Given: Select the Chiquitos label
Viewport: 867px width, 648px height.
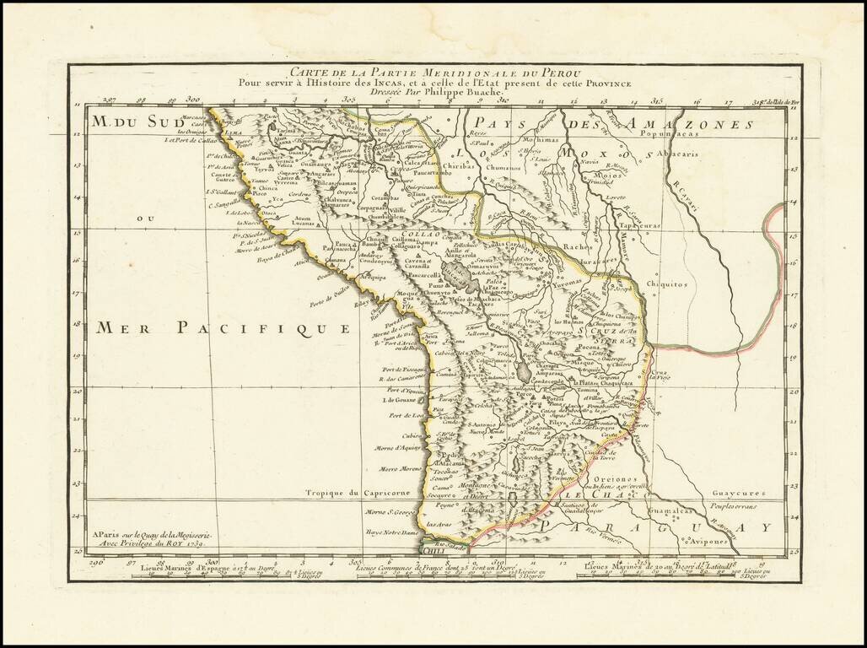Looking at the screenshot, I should point(667,284).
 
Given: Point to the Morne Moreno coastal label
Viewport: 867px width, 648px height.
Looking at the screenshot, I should point(400,469).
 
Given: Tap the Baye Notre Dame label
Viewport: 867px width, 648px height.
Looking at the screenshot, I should point(393,533).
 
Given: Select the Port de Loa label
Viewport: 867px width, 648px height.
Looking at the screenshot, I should point(405,416).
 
